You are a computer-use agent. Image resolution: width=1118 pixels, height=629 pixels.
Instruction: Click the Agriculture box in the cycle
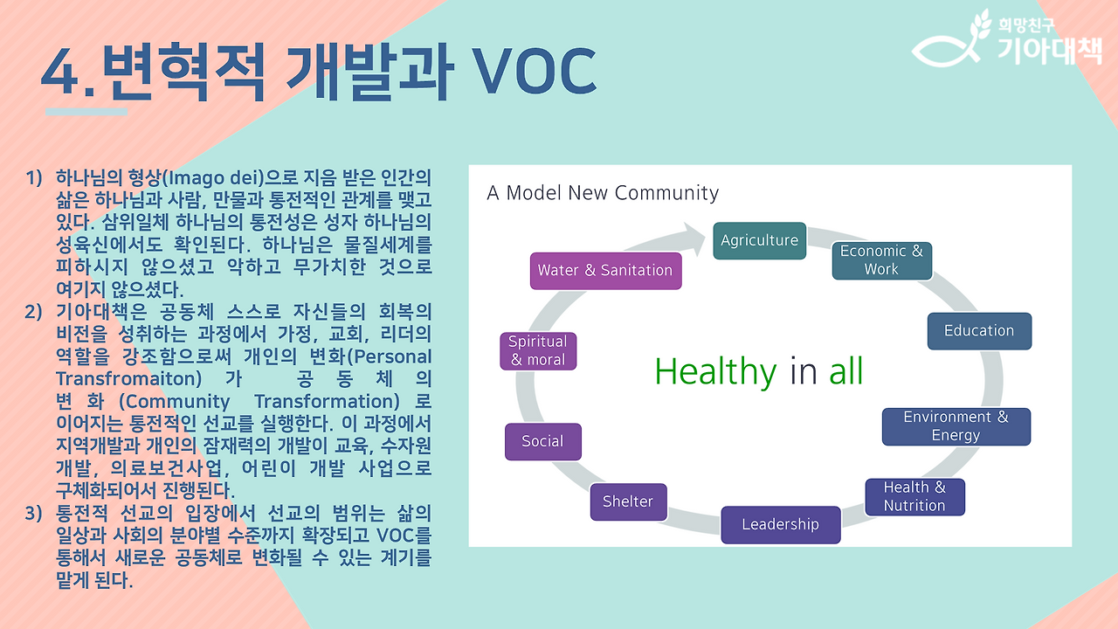coord(759,240)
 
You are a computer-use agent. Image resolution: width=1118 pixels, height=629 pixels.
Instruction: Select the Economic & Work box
coord(881,260)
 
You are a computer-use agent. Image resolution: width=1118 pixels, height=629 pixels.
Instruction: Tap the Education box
coord(979,331)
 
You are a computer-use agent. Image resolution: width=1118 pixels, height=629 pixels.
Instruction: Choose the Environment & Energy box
coord(956,426)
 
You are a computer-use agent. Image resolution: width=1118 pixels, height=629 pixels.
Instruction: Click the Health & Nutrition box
coord(914,497)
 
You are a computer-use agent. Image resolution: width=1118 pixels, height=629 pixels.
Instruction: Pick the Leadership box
coord(781,525)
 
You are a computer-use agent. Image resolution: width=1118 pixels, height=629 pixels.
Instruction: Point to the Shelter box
coord(628,501)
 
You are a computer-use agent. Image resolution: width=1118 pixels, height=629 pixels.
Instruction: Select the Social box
coord(543,441)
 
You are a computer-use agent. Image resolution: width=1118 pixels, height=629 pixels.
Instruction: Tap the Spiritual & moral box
coord(538,351)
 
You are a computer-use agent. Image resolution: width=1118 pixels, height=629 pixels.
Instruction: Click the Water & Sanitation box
coord(605,271)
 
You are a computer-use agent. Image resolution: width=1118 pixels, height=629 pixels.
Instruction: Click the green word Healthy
coord(715,371)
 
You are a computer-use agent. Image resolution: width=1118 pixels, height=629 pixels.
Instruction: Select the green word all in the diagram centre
coord(846,371)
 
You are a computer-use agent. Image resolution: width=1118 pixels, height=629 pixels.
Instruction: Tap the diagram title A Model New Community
coord(603,193)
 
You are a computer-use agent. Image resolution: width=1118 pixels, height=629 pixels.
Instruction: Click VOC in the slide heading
coord(535,71)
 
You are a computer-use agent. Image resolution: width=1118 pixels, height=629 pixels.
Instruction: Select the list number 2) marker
coord(33,312)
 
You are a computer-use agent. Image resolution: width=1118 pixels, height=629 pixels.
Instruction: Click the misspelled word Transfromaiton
coord(128,379)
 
